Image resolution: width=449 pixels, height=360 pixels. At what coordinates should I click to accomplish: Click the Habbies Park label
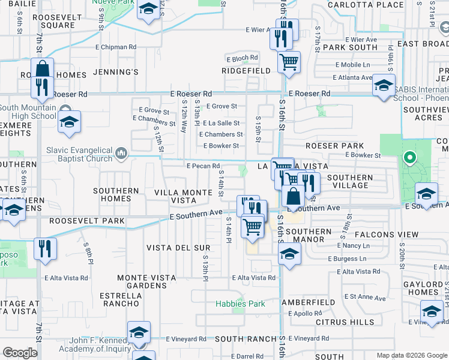coord(240,304)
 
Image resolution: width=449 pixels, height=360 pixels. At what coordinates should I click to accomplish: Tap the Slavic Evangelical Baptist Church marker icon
coord(121,154)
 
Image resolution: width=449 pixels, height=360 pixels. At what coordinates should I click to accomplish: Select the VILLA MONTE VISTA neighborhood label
coord(183,196)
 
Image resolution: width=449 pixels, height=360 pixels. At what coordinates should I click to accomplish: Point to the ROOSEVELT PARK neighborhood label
coord(87,221)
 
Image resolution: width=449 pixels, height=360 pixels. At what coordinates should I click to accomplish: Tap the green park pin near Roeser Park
coord(410,158)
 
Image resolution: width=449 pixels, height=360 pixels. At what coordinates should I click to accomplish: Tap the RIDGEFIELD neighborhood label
coord(246,71)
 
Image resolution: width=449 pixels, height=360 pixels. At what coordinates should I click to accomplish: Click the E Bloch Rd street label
coord(242,58)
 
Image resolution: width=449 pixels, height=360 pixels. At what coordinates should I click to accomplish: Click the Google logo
coord(20,353)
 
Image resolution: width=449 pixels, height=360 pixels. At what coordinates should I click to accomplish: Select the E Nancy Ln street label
coord(354,246)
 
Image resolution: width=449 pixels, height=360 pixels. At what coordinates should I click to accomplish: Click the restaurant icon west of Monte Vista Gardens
coord(46,248)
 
